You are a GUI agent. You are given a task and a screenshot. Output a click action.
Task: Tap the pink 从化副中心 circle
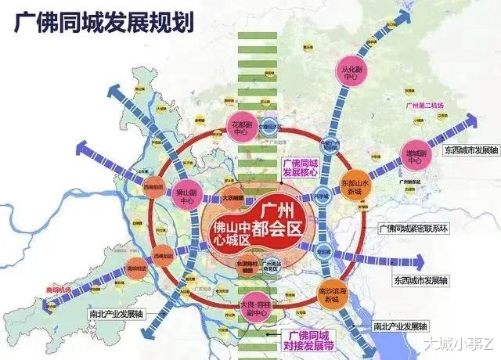point(350,71)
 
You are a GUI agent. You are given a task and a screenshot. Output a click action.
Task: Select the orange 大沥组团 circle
point(229,200)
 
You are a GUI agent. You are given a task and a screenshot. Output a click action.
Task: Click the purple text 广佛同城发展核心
point(300,165)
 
